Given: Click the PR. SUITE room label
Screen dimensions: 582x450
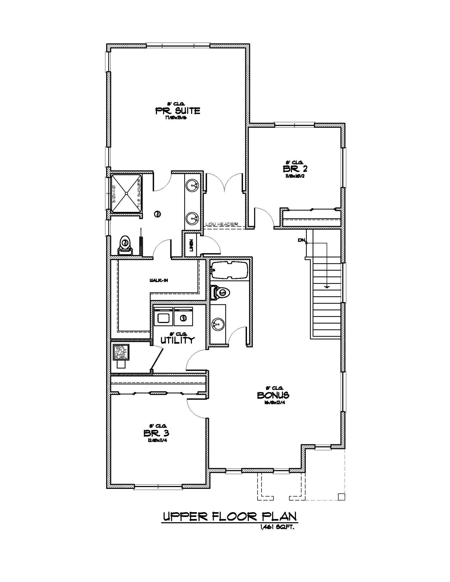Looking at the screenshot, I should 178,111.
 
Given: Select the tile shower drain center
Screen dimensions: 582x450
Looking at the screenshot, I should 126,193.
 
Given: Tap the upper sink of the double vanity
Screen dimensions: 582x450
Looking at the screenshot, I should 193,184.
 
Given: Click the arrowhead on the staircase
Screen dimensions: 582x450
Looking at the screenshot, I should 327,287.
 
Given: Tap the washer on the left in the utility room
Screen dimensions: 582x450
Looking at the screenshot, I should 163,317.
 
